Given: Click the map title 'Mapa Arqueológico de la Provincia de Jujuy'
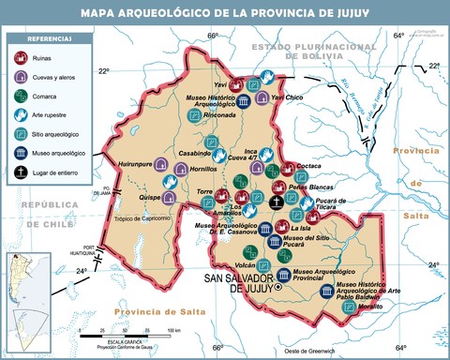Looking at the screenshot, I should point(225,12).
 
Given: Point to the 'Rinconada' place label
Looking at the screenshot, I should point(217,129).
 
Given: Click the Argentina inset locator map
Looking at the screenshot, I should point(22,281).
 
